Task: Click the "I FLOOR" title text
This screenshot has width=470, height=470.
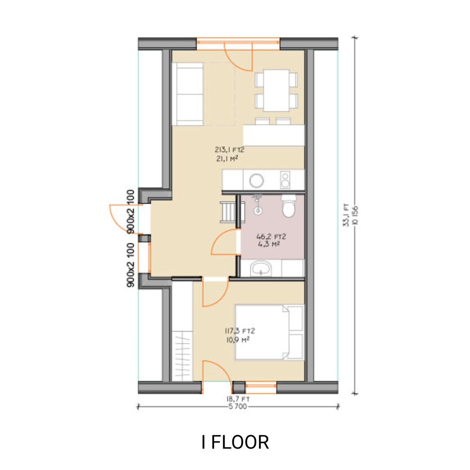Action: (x=235, y=442)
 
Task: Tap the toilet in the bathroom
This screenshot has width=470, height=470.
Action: (x=289, y=206)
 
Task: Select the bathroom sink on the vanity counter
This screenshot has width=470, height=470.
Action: (x=261, y=268)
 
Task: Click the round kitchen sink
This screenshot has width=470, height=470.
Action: (x=257, y=179)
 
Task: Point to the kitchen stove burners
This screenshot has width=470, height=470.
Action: (x=285, y=179)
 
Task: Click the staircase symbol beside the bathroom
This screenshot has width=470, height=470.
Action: (x=228, y=212)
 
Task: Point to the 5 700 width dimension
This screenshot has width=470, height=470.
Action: (x=238, y=407)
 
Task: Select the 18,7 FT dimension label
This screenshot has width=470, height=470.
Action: (x=238, y=399)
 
